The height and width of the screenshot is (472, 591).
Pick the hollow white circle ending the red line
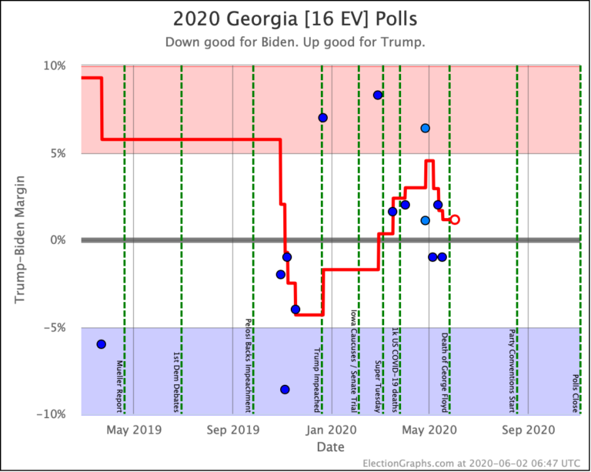pyautogui.click(x=455, y=219)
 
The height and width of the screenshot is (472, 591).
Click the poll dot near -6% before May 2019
pyautogui.click(x=101, y=344)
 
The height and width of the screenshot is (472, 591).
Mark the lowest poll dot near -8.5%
pyautogui.click(x=285, y=390)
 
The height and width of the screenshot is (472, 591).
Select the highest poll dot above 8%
pyautogui.click(x=378, y=95)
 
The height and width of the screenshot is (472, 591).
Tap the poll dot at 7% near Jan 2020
pyautogui.click(x=322, y=118)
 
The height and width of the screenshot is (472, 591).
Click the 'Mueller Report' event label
pyautogui.click(x=119, y=385)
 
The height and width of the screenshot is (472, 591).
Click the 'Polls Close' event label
pyautogui.click(x=576, y=393)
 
